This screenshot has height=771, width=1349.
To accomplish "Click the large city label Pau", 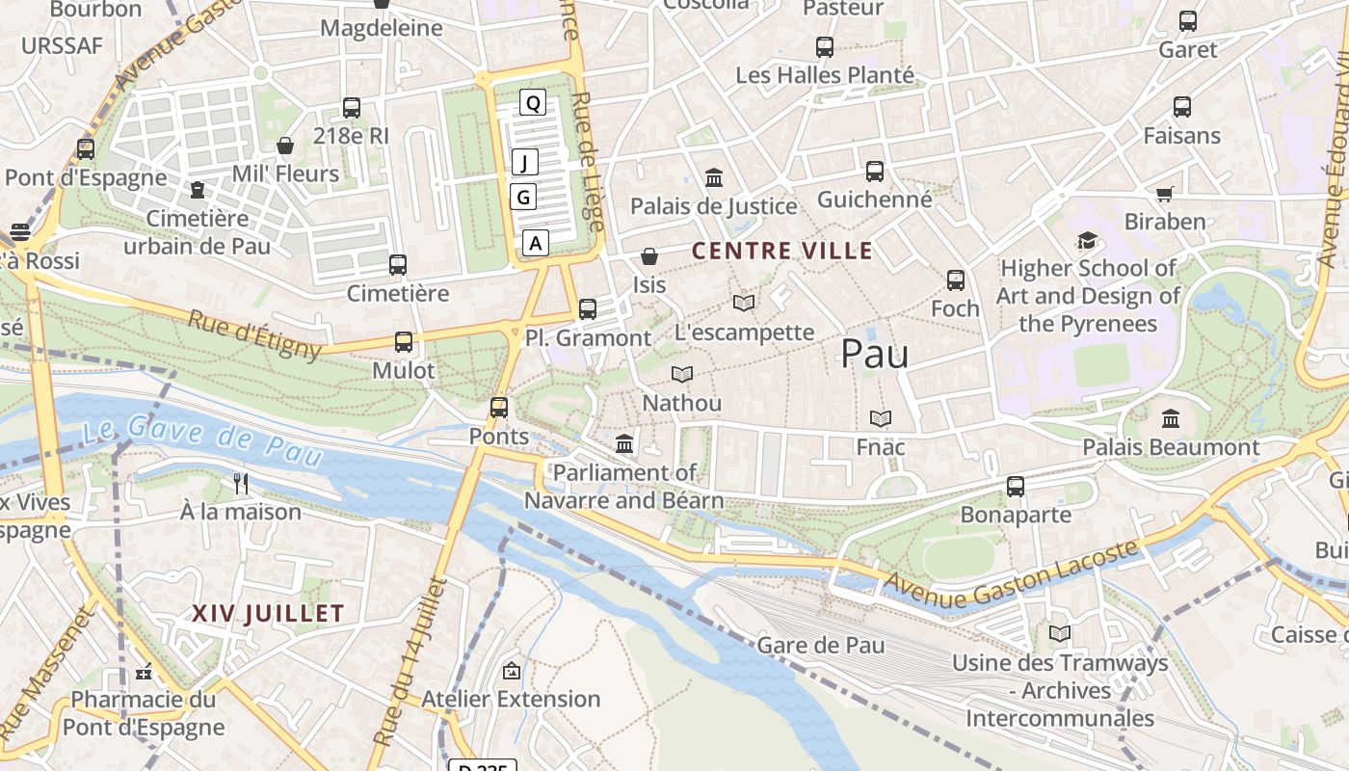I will click(875, 354).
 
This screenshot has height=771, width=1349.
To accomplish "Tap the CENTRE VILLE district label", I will click(782, 252).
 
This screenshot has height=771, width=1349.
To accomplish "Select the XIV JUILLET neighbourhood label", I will click(268, 614).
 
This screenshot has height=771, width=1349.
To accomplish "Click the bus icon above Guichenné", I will click(875, 172).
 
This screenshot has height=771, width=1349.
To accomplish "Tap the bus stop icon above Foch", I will click(955, 280).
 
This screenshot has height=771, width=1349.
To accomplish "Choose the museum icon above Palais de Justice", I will click(714, 178).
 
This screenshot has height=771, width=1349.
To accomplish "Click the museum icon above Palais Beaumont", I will click(1171, 419).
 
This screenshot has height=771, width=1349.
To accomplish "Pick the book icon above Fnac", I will click(881, 419).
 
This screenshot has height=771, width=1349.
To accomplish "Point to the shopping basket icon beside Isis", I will click(650, 256).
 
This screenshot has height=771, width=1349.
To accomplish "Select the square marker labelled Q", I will click(533, 102).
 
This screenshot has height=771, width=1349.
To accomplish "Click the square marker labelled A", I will click(536, 243).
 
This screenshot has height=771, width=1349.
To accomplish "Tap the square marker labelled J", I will click(524, 162).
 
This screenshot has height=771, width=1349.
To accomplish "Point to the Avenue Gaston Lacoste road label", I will click(1012, 575).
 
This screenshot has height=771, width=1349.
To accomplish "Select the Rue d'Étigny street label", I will click(254, 333).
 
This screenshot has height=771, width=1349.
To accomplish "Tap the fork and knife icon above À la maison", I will click(241, 483).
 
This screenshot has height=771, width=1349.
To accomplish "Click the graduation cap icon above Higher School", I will click(1087, 240).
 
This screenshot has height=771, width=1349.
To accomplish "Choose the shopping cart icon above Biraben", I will click(1164, 194).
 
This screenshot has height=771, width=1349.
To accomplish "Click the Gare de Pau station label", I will click(821, 645).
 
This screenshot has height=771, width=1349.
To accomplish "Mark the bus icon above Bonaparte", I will click(1016, 487).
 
